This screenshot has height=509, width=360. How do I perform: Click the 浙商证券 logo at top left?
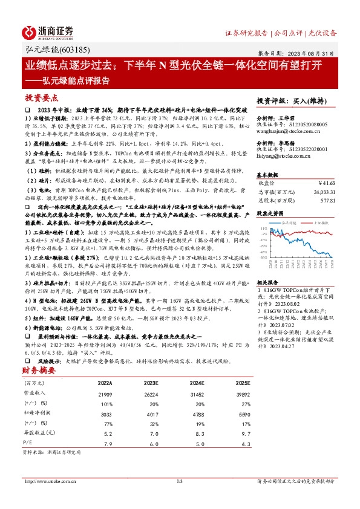point(48,32)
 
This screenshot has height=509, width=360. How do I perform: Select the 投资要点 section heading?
point(42,97)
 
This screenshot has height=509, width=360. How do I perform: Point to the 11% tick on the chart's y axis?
point(264,228)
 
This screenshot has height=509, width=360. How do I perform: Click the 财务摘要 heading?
point(39,370)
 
